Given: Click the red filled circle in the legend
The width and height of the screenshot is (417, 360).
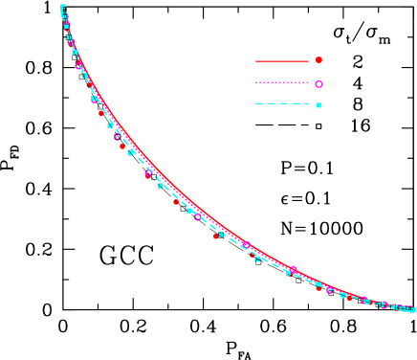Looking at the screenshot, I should (318, 60).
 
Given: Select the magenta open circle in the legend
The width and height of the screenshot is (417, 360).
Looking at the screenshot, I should (318, 84).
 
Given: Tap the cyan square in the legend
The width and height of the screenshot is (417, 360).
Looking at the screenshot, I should (318, 104).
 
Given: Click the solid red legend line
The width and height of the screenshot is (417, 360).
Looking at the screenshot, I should (282, 61).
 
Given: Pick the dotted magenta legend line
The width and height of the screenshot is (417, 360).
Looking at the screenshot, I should (282, 83).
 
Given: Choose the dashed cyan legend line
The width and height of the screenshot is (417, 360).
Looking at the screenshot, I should (282, 103).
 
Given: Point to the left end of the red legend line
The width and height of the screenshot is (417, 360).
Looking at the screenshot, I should (256, 61).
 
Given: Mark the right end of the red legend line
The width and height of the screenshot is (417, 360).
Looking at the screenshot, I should (308, 61).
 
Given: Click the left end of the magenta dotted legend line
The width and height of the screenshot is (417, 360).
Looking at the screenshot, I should (256, 83).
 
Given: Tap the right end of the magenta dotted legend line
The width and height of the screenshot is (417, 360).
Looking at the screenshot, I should (308, 83).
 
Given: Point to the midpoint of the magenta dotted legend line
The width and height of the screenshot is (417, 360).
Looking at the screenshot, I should (282, 83).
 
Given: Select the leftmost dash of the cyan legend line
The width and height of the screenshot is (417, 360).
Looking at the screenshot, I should (259, 103).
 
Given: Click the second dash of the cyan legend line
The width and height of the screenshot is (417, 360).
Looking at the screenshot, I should (271, 103).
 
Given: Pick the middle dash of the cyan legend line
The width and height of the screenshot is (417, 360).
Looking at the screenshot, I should (282, 103).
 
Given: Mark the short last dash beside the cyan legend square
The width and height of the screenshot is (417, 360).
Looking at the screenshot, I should (305, 103).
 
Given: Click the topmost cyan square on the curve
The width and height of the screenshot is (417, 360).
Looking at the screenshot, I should (63, 9).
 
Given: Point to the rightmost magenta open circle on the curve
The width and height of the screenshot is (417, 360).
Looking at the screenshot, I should (384, 304).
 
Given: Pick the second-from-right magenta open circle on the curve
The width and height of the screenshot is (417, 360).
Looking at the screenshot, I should (363, 300).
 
